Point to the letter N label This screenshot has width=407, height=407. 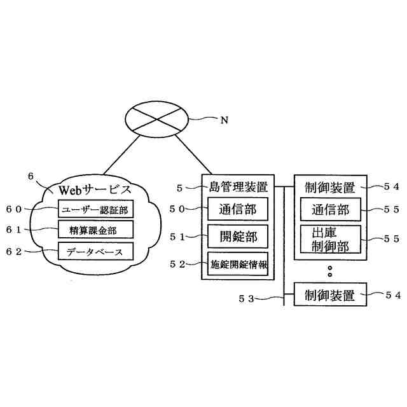click(224, 121)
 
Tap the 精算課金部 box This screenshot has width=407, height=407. click(96, 229)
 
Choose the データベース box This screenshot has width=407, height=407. click(96, 251)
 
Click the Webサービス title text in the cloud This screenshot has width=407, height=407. click(95, 189)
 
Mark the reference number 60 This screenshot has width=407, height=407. click(14, 209)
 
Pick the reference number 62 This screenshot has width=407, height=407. click(14, 252)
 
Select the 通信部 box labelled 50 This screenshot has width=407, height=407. click(238, 209)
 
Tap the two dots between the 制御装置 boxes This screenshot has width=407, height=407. click(330, 272)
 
